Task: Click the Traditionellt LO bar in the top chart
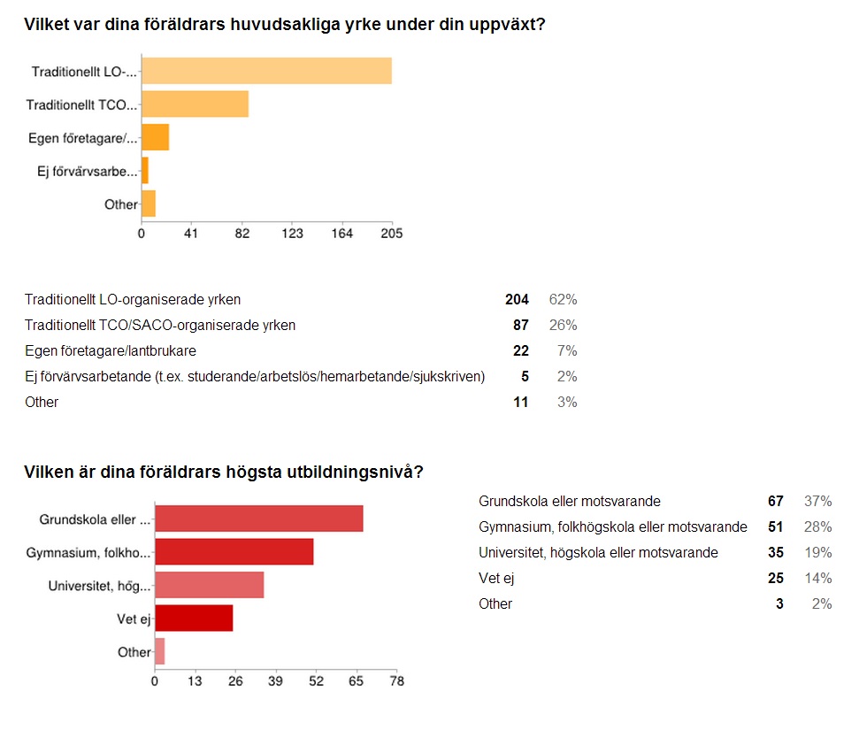point(266,71)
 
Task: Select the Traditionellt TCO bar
point(195,104)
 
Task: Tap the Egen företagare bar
point(155,138)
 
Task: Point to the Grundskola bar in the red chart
point(258,519)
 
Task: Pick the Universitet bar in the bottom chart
point(209,585)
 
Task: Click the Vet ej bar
point(194,618)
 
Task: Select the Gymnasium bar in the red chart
point(234,551)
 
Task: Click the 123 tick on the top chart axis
point(292,234)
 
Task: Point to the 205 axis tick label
point(392,234)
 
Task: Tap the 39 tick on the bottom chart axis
point(275,681)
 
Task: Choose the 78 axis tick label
point(396,681)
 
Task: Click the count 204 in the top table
point(517,299)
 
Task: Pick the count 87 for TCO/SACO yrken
point(520,325)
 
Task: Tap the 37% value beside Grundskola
point(817,502)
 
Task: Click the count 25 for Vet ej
point(775,579)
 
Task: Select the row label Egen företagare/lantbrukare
point(110,350)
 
